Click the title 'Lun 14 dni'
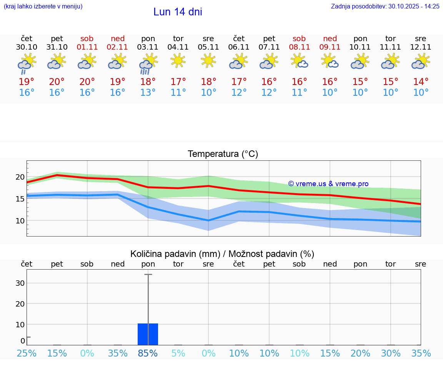tap(178, 12)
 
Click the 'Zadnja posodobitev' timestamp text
tap(385, 6)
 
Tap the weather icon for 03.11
tap(148, 64)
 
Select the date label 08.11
tap(299, 47)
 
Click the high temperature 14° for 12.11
tap(421, 82)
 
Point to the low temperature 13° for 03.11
tap(148, 93)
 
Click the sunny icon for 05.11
tap(208, 60)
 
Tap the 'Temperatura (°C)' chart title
tap(223, 154)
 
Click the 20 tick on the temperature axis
tap(20, 177)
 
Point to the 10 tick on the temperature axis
tap(20, 221)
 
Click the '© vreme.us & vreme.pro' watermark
tap(328, 184)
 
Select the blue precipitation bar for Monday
tap(148, 334)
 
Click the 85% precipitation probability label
tap(148, 353)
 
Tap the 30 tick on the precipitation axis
tap(20, 283)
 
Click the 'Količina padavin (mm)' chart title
tap(222, 254)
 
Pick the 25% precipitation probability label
tap(27, 353)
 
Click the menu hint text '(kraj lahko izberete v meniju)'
tap(43, 6)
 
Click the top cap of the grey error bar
tap(148, 275)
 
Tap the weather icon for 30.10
tap(27, 64)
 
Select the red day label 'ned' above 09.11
tap(330, 38)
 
